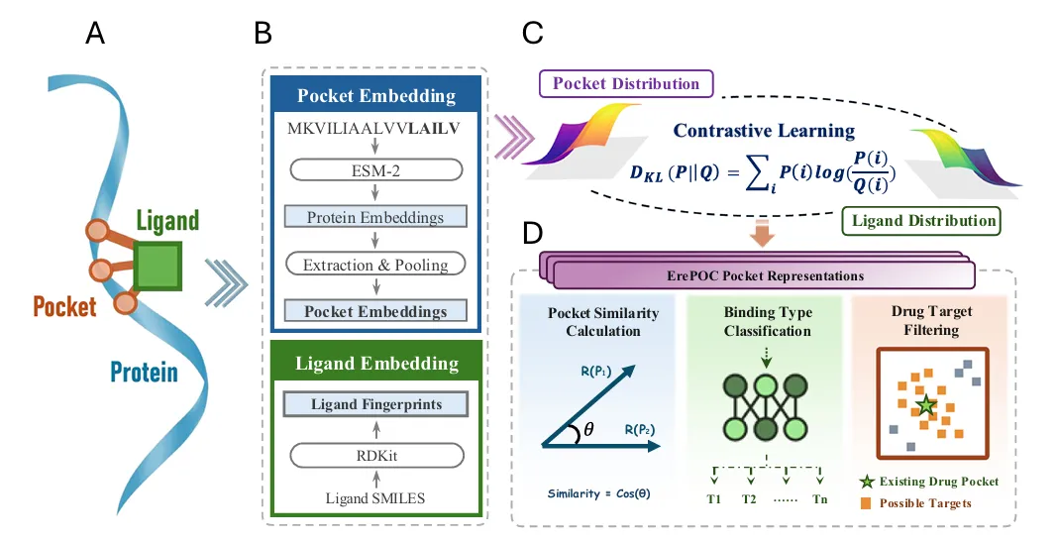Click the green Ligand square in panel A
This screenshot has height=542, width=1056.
158,268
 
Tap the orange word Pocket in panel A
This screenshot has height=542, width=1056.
65,305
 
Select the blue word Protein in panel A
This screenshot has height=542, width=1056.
145,372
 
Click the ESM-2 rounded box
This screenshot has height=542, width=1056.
376,169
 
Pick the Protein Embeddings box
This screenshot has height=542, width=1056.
376,217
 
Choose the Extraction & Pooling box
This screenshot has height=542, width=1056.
376,265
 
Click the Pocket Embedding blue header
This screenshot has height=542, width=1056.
376,96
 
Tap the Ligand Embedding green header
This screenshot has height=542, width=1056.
376,364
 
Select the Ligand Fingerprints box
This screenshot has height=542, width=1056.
376,404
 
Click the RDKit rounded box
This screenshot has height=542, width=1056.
376,455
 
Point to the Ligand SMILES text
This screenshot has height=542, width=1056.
376,497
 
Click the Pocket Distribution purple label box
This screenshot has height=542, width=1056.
625,83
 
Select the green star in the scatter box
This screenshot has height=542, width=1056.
925,405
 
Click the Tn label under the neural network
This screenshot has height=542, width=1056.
819,497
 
